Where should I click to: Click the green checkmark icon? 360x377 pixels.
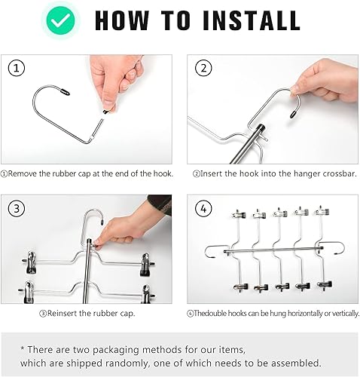(x=62, y=20)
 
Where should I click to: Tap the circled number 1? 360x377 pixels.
(x=17, y=69)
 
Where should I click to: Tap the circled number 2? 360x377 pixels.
(x=203, y=69)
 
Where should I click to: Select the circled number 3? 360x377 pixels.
(x=17, y=209)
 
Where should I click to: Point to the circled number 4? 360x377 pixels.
(x=203, y=209)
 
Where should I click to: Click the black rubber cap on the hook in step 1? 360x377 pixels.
(x=65, y=91)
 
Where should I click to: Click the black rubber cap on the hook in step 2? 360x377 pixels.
(x=293, y=114)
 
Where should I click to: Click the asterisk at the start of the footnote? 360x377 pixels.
(x=23, y=348)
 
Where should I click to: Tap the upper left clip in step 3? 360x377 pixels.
(x=31, y=262)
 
